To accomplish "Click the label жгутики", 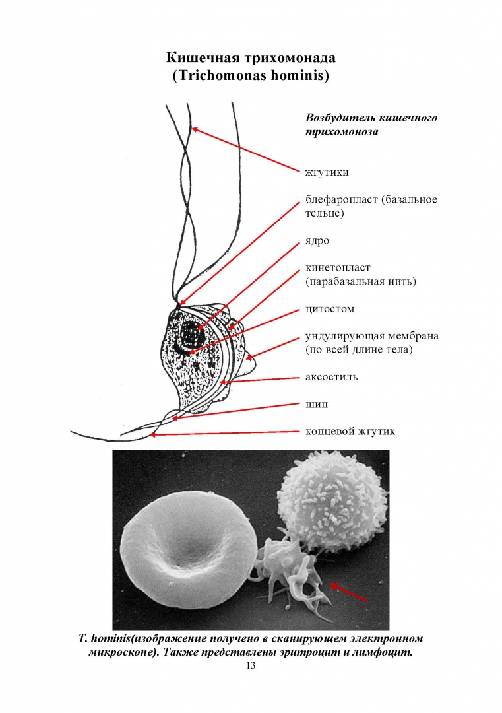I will [x=327, y=172].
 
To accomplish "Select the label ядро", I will [x=317, y=241].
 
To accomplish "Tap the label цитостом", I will [x=329, y=309].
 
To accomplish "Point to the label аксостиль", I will [x=331, y=378].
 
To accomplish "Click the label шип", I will [x=316, y=404].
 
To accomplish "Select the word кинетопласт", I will [x=338, y=268].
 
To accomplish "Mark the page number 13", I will [x=250, y=665].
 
